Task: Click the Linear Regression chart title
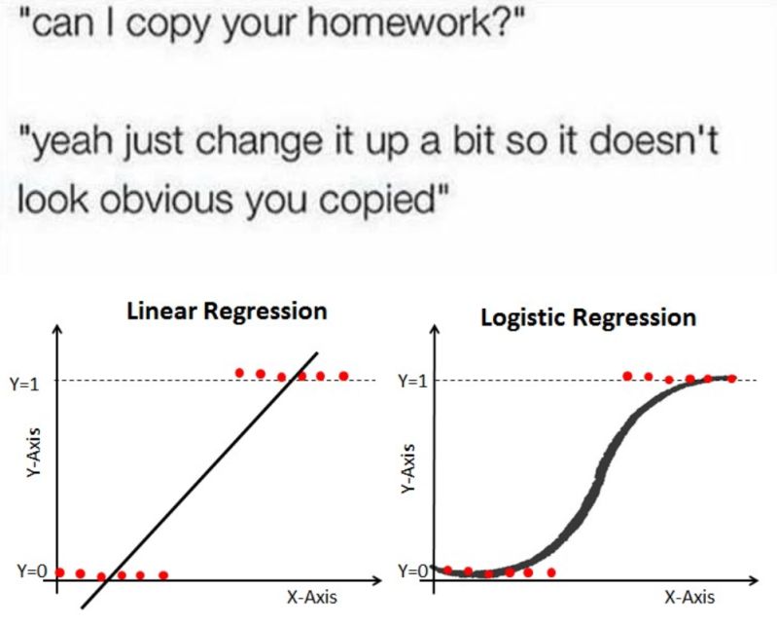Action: pyautogui.click(x=226, y=312)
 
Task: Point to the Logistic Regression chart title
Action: pyautogui.click(x=587, y=318)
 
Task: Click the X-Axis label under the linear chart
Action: pyautogui.click(x=313, y=597)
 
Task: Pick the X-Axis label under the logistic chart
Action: pyautogui.click(x=689, y=597)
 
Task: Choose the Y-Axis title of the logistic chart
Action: pyautogui.click(x=409, y=472)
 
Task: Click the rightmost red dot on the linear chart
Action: pyautogui.click(x=343, y=375)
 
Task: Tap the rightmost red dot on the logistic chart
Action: pyautogui.click(x=731, y=378)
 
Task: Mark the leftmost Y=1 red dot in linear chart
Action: pyautogui.click(x=240, y=373)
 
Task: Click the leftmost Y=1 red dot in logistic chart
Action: pyautogui.click(x=627, y=375)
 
